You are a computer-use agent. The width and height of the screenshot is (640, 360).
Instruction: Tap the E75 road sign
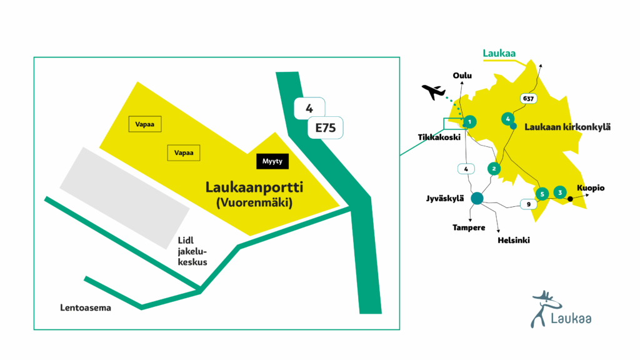pos(326,129)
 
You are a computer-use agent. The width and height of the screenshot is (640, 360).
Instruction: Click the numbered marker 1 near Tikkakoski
pos(470,121)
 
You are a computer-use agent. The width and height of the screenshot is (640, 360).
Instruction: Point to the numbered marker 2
pos(494,168)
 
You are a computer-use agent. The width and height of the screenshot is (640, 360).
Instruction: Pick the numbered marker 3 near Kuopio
pos(560,192)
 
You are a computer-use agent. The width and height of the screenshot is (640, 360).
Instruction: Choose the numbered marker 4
pos(508,118)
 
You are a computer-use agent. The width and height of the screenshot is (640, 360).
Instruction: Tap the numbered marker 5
pos(542,194)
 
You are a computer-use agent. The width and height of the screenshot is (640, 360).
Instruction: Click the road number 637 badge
pos(529,99)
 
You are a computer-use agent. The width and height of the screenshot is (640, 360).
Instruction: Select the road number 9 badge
pos(529,204)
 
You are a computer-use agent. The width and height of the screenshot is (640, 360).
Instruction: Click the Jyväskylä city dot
pos(477,198)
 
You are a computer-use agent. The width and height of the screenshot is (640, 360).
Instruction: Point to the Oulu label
pos(462,76)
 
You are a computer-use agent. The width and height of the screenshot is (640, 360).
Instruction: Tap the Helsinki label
pos(513,239)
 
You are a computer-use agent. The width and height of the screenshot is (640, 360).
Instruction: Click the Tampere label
pos(469,227)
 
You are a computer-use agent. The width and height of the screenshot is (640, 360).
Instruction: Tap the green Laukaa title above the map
pos(499,54)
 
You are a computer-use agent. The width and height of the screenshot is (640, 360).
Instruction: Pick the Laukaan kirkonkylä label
pos(567,127)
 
